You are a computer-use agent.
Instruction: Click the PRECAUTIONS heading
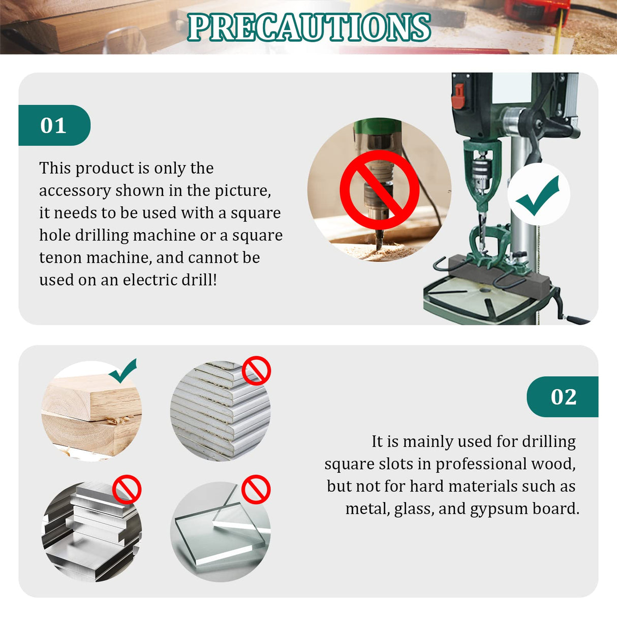(x=309, y=27)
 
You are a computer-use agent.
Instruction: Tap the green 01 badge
(x=54, y=126)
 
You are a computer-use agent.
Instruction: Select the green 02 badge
(x=563, y=397)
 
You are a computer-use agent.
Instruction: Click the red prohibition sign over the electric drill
(x=379, y=190)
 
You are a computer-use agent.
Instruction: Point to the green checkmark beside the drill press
(x=539, y=195)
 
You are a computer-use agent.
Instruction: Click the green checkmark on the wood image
(x=124, y=371)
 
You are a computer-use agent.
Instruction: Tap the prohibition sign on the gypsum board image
(x=256, y=370)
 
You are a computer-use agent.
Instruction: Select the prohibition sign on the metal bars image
(x=127, y=489)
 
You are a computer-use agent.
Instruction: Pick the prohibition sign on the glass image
(x=256, y=489)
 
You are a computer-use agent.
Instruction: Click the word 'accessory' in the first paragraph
(x=75, y=191)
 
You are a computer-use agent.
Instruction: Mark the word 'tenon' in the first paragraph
(x=61, y=258)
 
